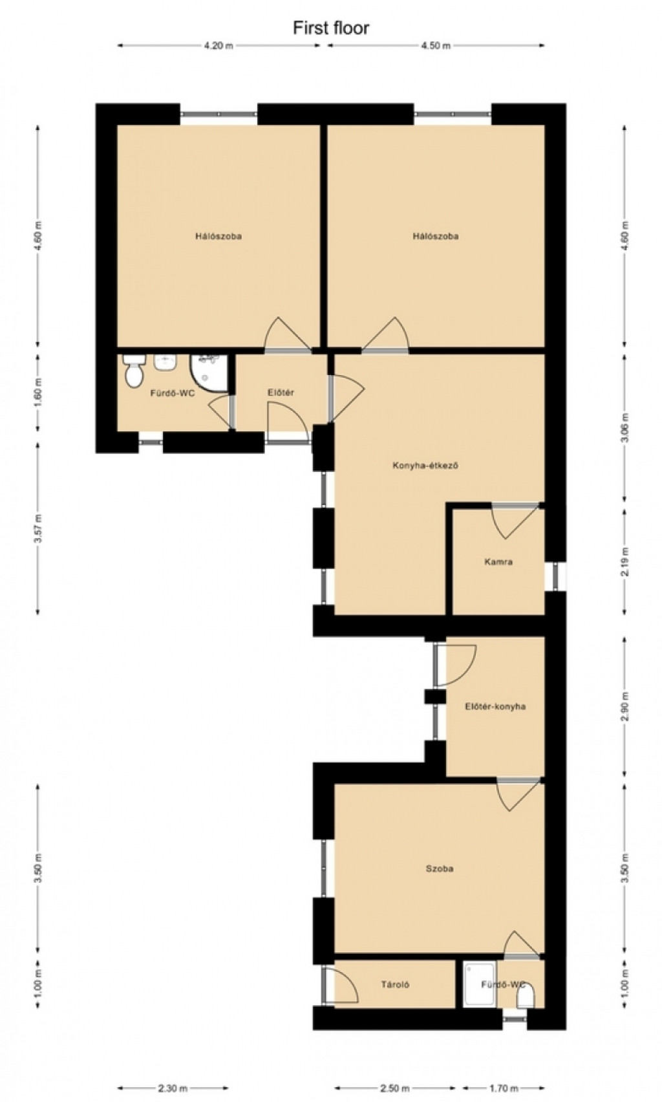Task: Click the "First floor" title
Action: [x=330, y=28]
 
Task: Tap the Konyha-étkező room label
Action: [x=425, y=465]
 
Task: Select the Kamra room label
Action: [x=498, y=561]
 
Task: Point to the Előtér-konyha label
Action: [x=495, y=706]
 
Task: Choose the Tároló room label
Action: [x=395, y=984]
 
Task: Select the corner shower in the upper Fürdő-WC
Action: [x=209, y=373]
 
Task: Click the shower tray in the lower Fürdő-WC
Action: [x=480, y=984]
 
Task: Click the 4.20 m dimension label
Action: [x=219, y=46]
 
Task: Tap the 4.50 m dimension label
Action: [x=436, y=46]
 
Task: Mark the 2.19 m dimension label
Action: [x=625, y=562]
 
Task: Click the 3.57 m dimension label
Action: [x=38, y=528]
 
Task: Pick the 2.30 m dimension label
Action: [x=173, y=1088]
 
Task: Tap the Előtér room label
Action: [x=281, y=392]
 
